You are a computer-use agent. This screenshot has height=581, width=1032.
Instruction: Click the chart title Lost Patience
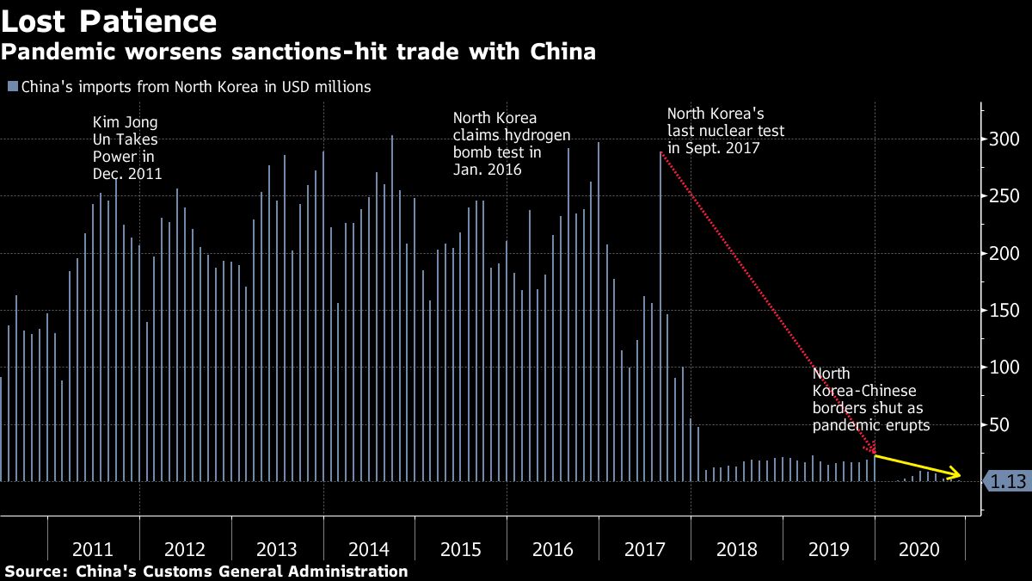(x=109, y=20)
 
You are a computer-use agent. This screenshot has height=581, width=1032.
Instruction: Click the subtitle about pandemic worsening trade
(x=298, y=52)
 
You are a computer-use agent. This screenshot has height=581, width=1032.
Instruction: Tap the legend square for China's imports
(x=12, y=86)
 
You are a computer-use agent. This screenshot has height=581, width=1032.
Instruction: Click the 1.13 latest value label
(x=1007, y=482)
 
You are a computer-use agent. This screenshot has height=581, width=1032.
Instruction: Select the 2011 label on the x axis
(x=93, y=549)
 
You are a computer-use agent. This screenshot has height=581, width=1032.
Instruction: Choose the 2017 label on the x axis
(x=644, y=549)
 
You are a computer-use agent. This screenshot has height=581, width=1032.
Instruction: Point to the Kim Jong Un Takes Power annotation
(x=126, y=148)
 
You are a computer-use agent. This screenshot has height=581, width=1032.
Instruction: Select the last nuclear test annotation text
(x=725, y=130)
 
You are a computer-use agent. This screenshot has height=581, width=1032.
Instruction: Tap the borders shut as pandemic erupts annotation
(x=871, y=399)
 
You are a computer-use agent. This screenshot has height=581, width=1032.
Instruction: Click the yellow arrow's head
(x=957, y=473)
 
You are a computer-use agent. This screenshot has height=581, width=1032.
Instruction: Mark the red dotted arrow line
(x=765, y=301)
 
